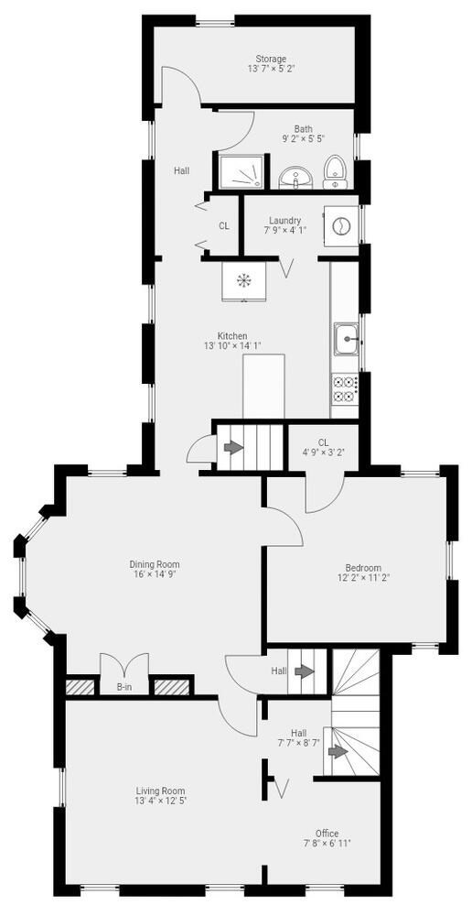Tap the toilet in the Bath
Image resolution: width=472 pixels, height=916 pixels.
click(x=336, y=172)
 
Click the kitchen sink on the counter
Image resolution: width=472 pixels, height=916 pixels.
click(x=346, y=339)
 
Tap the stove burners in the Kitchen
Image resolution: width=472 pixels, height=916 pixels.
click(x=344, y=389)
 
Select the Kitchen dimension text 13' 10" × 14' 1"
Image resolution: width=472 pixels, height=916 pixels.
click(x=232, y=346)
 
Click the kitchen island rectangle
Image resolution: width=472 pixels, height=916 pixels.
click(x=263, y=386)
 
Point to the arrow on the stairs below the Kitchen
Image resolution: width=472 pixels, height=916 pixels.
click(x=232, y=448)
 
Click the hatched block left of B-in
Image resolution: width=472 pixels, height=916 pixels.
click(x=80, y=687)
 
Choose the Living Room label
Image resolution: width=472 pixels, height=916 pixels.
click(x=160, y=791)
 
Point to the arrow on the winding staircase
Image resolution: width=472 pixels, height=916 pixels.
click(x=338, y=751)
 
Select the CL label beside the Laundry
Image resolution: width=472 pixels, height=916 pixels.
click(x=223, y=225)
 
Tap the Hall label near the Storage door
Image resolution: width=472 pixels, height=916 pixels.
click(x=181, y=170)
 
